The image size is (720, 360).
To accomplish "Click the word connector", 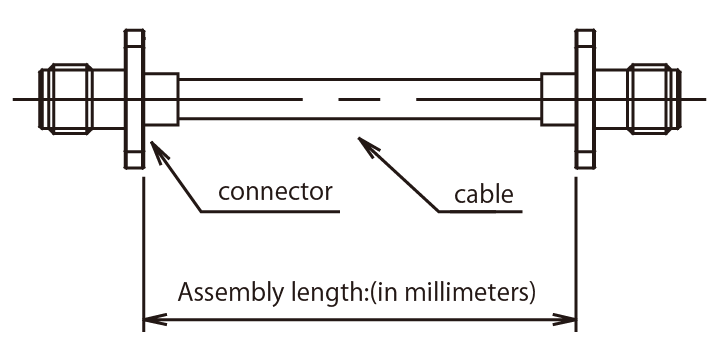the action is point(275,192).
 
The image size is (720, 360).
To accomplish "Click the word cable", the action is point(484,194).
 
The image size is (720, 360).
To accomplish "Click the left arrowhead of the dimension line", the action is point(154,319).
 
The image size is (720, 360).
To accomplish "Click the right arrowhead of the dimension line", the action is point(565,319).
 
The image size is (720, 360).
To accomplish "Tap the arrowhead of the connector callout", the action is point(157,151).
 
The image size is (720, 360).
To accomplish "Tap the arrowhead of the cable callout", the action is point(368,144).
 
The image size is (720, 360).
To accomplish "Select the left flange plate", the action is point(135,99).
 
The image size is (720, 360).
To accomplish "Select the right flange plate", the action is point(585,99).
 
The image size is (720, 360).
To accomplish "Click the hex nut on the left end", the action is point(69,99).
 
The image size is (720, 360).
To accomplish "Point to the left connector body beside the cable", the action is point(162,99).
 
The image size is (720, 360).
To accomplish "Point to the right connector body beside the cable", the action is point(558,99).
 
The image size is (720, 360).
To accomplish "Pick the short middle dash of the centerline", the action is point(360,99).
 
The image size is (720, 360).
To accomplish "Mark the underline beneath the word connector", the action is point(270,212).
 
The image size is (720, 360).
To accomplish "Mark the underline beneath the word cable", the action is point(480,212).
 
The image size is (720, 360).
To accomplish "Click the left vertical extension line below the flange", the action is point(144,254).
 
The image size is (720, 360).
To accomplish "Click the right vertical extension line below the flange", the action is point(576,254).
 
